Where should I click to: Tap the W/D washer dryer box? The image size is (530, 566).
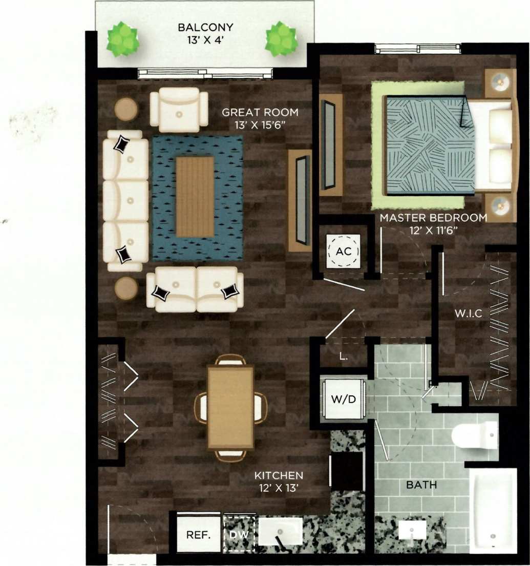coord(344,399)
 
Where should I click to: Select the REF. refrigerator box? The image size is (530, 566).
coord(199,535)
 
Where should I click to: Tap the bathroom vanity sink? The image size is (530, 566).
coord(413,531)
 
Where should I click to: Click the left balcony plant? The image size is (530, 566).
coord(122,39)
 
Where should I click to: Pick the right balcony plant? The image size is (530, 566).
coord(281,39)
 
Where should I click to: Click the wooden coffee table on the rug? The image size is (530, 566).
coord(195,197)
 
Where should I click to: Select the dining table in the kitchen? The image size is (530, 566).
coord(230,407)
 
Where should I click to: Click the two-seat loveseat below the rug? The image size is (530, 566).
coord(195,289)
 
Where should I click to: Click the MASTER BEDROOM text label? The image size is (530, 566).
coord(433,218)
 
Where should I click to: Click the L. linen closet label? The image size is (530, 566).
coord(344,357)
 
